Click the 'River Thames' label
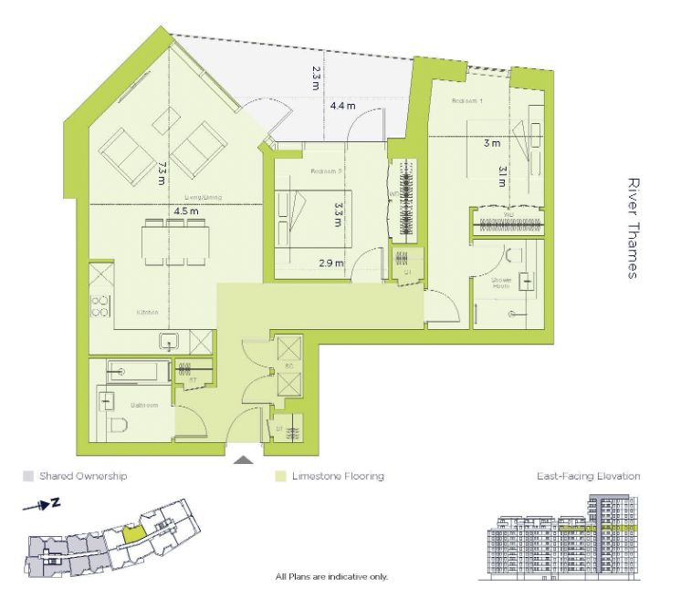[631, 228]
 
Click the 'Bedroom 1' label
[467, 99]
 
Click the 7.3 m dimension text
[162, 173]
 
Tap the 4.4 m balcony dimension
[342, 106]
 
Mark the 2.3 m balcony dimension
[315, 78]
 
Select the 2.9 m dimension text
[330, 264]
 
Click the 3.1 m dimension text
[502, 173]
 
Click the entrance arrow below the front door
[243, 460]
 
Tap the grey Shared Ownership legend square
[27, 476]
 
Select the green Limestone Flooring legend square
[280, 476]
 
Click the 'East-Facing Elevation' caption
[588, 476]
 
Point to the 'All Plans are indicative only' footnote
[331, 577]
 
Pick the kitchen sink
[169, 342]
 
